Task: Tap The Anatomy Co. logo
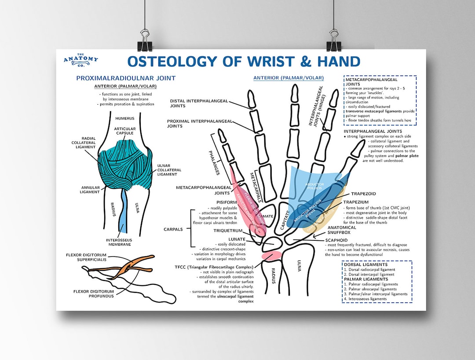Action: tap(80, 60)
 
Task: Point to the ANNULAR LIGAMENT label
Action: tap(90, 190)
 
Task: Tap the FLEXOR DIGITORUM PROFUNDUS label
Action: tap(93, 293)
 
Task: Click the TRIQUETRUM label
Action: tap(228, 230)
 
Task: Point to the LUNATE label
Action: tap(237, 239)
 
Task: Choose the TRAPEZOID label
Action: tap(363, 194)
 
